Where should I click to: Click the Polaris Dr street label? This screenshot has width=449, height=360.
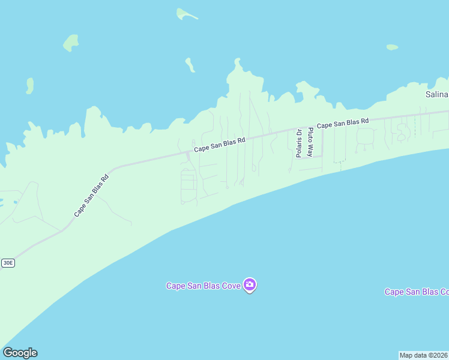click(298, 143)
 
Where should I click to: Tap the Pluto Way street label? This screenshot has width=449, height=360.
click(310, 142)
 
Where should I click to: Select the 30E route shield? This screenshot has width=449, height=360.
click(8, 263)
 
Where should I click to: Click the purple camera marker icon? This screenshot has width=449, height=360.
click(250, 285)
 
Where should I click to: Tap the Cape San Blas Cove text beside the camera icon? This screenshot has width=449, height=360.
click(203, 286)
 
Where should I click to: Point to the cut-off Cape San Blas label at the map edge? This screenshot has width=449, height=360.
click(417, 292)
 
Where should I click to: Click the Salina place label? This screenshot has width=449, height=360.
click(436, 95)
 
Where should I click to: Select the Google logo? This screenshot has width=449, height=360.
click(20, 353)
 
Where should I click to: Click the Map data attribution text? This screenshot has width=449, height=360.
click(424, 355)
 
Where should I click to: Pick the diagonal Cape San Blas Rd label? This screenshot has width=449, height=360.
click(92, 196)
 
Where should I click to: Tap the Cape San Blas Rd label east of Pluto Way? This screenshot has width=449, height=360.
click(342, 124)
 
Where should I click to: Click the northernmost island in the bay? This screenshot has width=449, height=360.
click(187, 14)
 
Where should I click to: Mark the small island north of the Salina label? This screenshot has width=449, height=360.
click(392, 47)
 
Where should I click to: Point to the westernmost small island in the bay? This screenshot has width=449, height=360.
click(29, 86)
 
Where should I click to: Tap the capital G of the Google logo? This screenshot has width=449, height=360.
click(8, 353)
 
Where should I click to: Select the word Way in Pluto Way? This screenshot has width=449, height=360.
click(310, 150)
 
